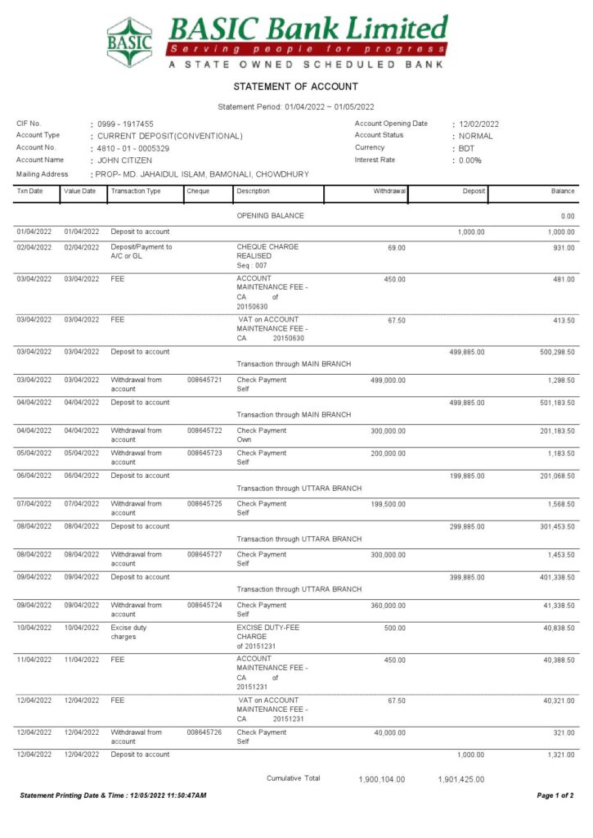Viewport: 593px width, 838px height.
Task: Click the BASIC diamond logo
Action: pos(129,42)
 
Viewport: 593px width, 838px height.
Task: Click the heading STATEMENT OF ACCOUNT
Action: pos(295,87)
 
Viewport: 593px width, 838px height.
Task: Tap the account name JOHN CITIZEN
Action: pos(124,160)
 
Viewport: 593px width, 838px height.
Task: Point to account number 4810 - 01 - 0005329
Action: pos(133,148)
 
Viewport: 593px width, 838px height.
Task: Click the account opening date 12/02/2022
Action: pos(478,124)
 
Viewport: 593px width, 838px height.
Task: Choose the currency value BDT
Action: pos(466,148)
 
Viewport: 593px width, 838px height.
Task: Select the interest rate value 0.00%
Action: pos(470,160)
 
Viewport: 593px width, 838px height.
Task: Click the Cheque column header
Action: pos(198,191)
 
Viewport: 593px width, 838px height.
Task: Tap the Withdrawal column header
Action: pos(389,191)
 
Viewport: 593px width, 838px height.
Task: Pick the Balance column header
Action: pos(563,191)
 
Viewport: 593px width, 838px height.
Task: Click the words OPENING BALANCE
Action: pos(270,216)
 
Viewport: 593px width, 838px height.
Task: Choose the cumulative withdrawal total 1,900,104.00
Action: pos(381,780)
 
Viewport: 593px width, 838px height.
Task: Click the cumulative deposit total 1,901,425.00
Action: pos(461,780)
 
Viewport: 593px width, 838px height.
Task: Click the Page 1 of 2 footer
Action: pos(555,795)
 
